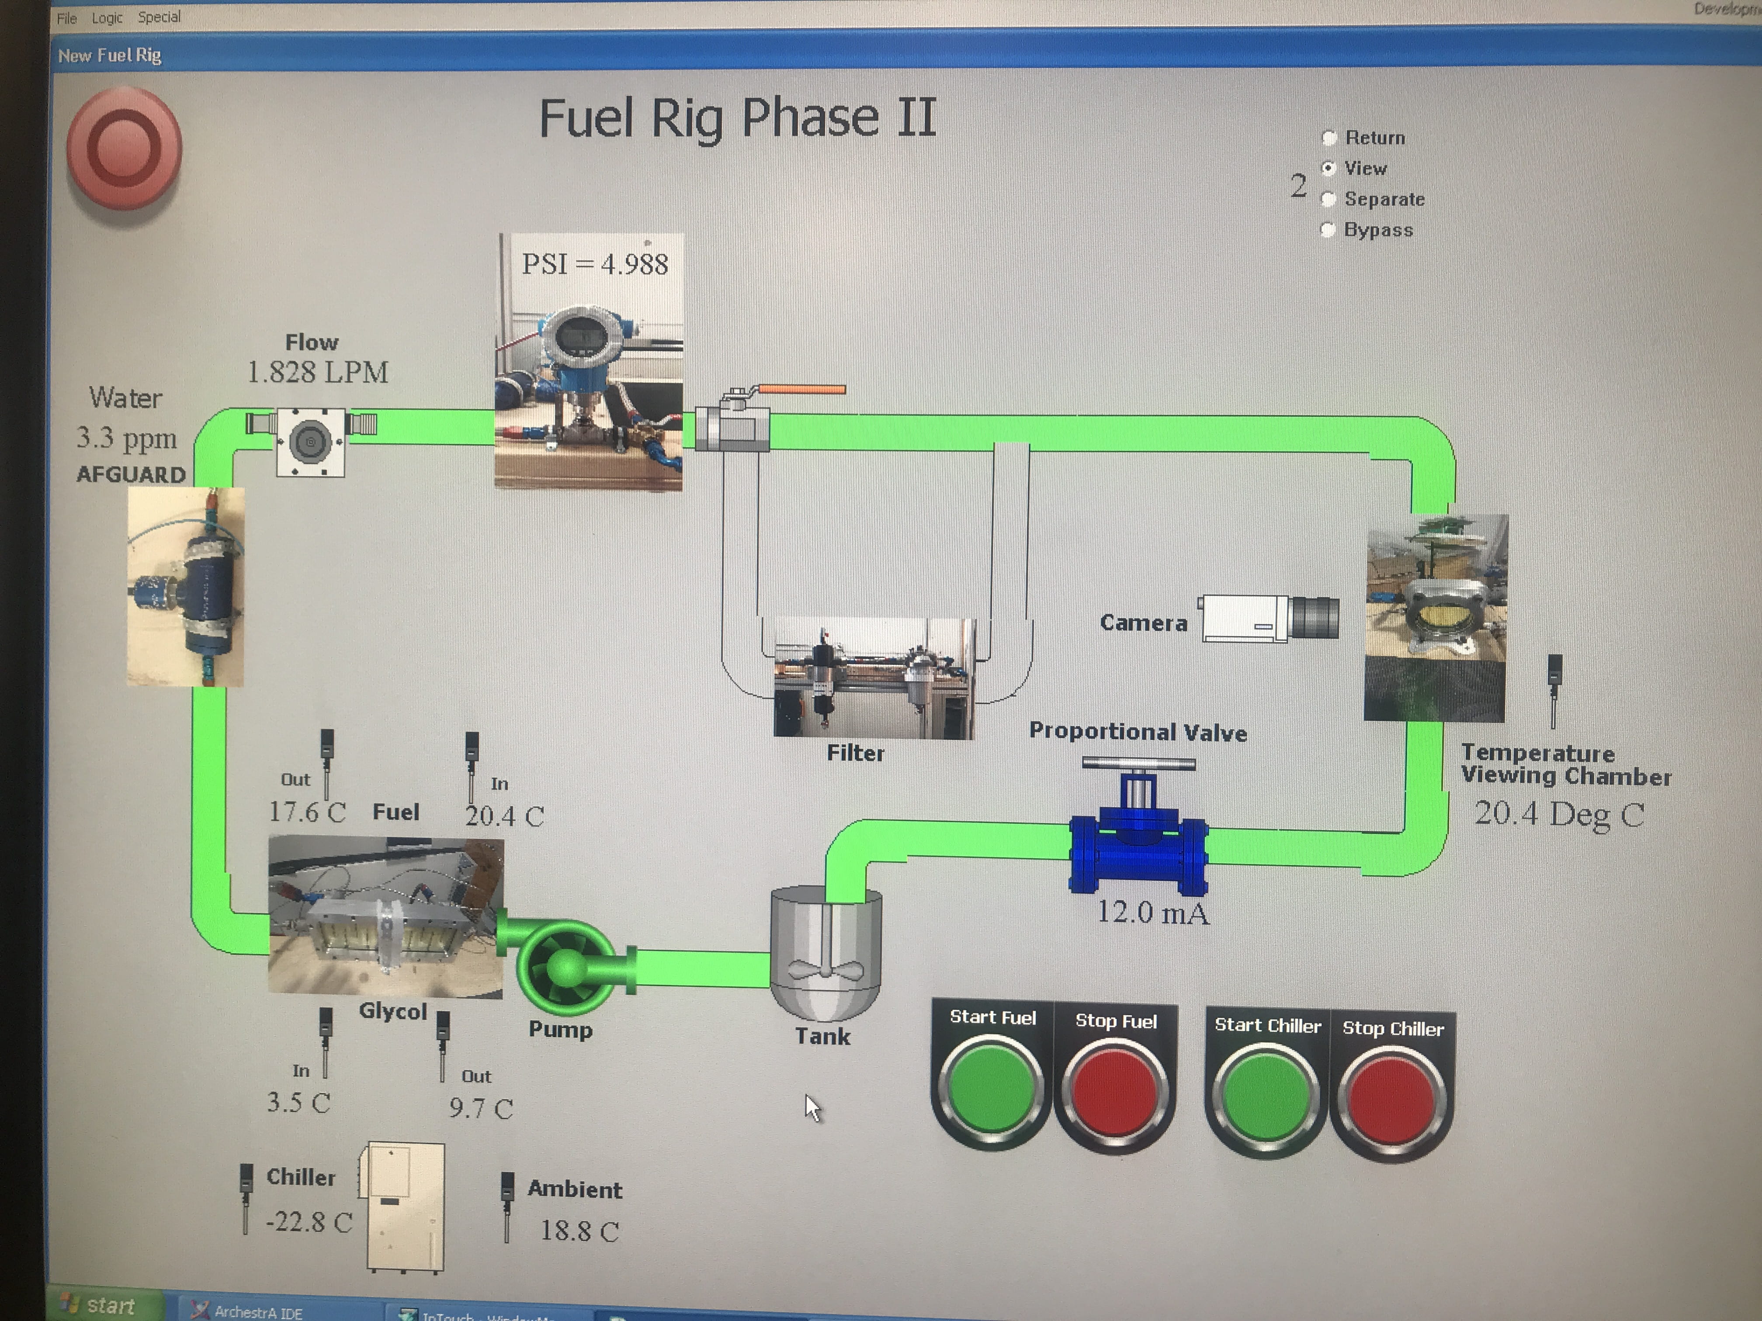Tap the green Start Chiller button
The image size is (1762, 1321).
tap(1265, 1093)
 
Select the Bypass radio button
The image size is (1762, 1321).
tap(1327, 230)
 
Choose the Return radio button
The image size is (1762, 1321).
tap(1328, 138)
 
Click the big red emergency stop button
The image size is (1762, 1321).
tap(124, 148)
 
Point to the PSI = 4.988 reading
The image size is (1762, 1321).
tap(594, 263)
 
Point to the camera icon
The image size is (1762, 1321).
tap(1270, 618)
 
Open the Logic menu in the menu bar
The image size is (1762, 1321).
tap(107, 17)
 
